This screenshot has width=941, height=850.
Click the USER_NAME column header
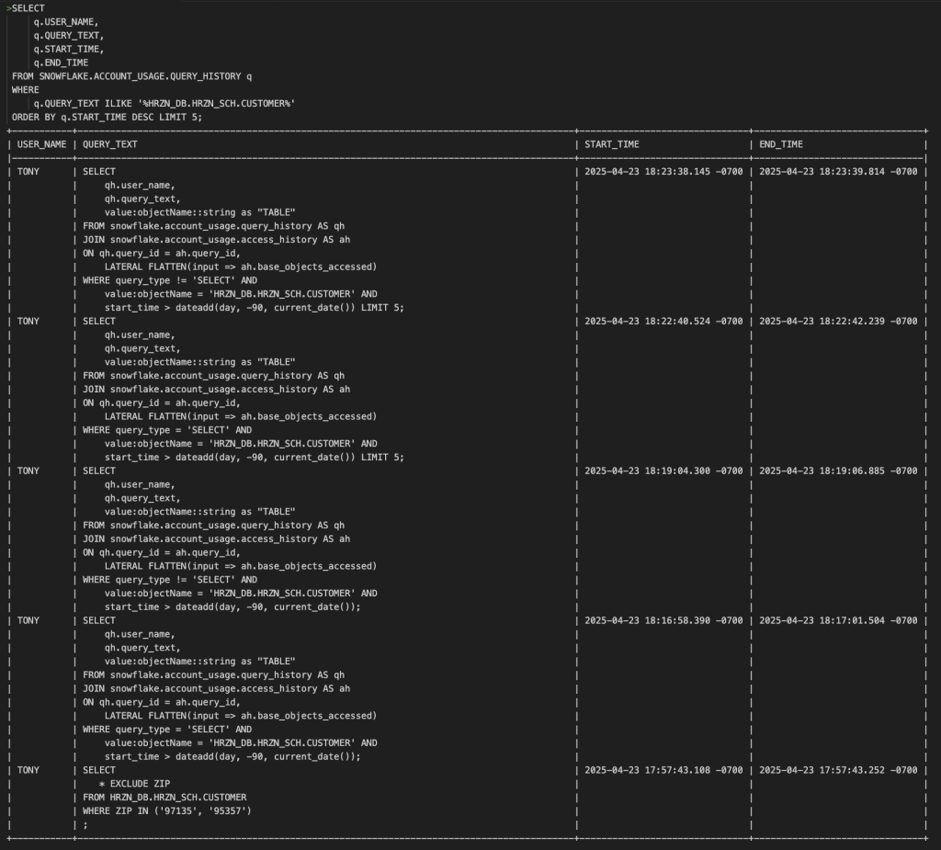pyautogui.click(x=42, y=144)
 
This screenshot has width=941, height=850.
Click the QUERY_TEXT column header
pyautogui.click(x=110, y=144)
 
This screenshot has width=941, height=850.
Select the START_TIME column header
pyautogui.click(x=611, y=144)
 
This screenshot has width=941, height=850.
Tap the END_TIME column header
pyautogui.click(x=781, y=144)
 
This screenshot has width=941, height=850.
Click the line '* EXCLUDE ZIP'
pyautogui.click(x=134, y=784)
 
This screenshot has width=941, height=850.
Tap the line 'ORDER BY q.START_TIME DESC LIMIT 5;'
pyautogui.click(x=107, y=117)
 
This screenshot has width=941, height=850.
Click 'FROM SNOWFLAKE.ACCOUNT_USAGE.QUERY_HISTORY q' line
pyautogui.click(x=131, y=76)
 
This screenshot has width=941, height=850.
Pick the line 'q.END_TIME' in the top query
pyautogui.click(x=61, y=62)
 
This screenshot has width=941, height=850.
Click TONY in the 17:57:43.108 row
pyautogui.click(x=28, y=770)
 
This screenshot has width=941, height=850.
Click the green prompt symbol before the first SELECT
pyautogui.click(x=8, y=8)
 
